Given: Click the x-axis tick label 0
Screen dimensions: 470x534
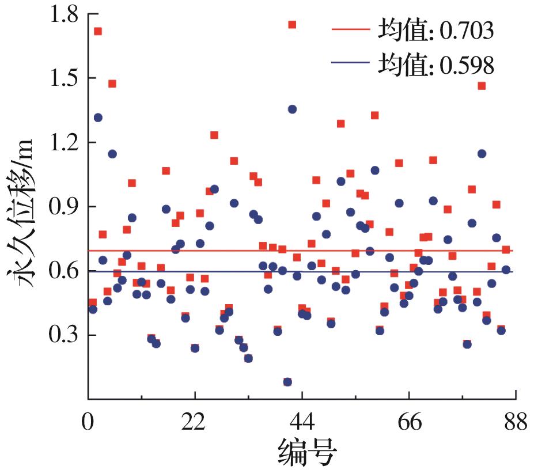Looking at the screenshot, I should click(x=88, y=423).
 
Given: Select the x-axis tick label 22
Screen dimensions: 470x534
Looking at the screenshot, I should click(x=195, y=423).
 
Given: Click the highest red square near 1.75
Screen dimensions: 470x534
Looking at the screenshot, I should click(x=292, y=24).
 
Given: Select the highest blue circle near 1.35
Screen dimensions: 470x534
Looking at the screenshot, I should click(x=292, y=109).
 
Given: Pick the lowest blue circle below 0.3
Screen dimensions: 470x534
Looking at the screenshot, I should click(x=287, y=382).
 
